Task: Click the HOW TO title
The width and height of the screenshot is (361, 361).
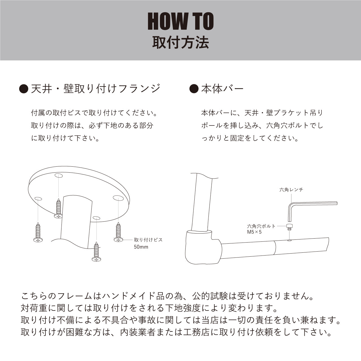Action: pyautogui.click(x=180, y=21)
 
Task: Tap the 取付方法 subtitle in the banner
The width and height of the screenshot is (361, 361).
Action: pyautogui.click(x=180, y=43)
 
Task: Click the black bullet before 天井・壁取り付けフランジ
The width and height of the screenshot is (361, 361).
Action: pyautogui.click(x=24, y=89)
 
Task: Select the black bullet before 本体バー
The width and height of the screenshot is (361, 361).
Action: pyautogui.click(x=194, y=89)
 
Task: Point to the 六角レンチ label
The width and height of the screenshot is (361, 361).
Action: pyautogui.click(x=291, y=190)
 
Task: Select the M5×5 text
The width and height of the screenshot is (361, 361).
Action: pyautogui.click(x=254, y=232)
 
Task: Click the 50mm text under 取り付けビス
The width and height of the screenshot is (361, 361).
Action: pyautogui.click(x=141, y=247)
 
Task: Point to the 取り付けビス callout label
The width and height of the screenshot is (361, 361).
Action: pyautogui.click(x=148, y=240)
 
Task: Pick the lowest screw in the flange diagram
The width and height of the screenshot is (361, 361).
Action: pyautogui.click(x=96, y=252)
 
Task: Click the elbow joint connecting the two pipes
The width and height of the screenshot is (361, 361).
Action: pyautogui.click(x=203, y=247)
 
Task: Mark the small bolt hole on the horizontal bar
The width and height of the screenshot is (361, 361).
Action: pyautogui.click(x=289, y=240)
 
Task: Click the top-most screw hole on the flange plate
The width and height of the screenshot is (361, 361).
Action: pyautogui.click(x=59, y=175)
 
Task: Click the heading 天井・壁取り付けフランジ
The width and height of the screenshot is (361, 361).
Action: pyautogui.click(x=96, y=89)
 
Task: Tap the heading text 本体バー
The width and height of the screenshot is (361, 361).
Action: pyautogui.click(x=222, y=89)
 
